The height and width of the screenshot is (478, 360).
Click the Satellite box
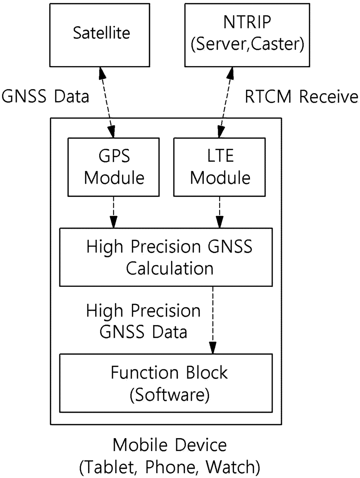coord(100,35)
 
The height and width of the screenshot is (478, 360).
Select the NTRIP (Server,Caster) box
coord(247,35)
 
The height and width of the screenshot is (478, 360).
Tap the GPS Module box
coord(113,167)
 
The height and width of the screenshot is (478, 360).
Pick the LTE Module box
coord(219,167)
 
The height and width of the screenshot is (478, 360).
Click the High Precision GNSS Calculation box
coord(166,257)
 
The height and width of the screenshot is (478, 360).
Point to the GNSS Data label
coord(45,96)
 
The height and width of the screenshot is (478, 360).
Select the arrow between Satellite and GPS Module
coord(106,102)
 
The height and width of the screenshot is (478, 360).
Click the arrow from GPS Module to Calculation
coord(113,212)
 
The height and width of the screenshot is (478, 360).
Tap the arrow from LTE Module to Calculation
coord(219,212)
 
